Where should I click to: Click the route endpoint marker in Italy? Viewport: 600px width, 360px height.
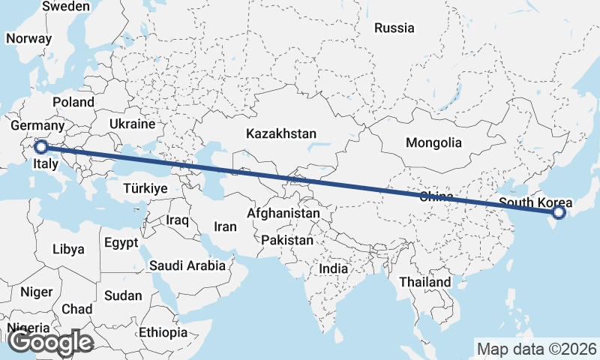click(x=42, y=147)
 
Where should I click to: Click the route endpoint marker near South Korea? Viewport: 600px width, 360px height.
click(x=558, y=213)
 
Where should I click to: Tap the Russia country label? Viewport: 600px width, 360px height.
click(x=394, y=28)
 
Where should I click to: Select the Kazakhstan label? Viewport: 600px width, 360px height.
click(x=281, y=133)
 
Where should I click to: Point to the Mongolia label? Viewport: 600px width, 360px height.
click(x=433, y=142)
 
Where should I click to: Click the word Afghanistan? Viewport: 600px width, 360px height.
click(x=283, y=214)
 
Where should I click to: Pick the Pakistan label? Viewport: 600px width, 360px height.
click(x=287, y=241)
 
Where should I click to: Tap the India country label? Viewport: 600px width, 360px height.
click(x=333, y=268)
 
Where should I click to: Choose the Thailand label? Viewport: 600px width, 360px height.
click(x=425, y=282)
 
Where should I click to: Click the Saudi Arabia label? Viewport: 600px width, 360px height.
click(x=187, y=265)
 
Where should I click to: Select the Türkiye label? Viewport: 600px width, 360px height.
click(x=146, y=188)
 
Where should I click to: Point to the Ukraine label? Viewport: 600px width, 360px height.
click(x=132, y=124)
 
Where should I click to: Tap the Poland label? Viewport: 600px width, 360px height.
click(x=73, y=102)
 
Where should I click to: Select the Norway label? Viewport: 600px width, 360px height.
click(x=28, y=39)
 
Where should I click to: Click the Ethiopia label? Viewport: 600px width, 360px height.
click(x=163, y=332)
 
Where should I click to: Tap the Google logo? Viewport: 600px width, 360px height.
click(x=49, y=342)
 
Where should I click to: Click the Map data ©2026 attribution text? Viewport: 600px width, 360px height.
click(x=536, y=349)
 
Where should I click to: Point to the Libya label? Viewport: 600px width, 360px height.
click(x=68, y=249)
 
